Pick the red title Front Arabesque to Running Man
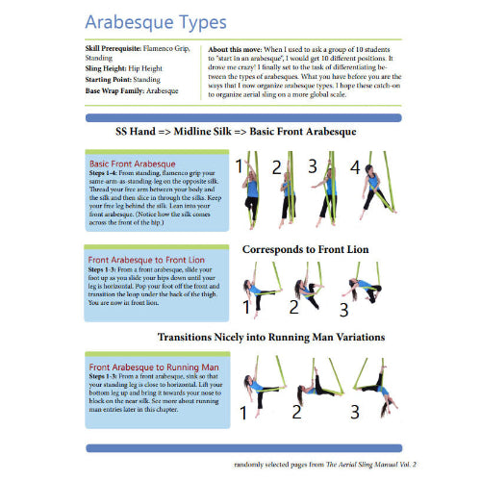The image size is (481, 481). [153, 367]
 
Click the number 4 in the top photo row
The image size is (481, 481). [354, 167]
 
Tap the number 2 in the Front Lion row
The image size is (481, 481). [293, 306]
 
